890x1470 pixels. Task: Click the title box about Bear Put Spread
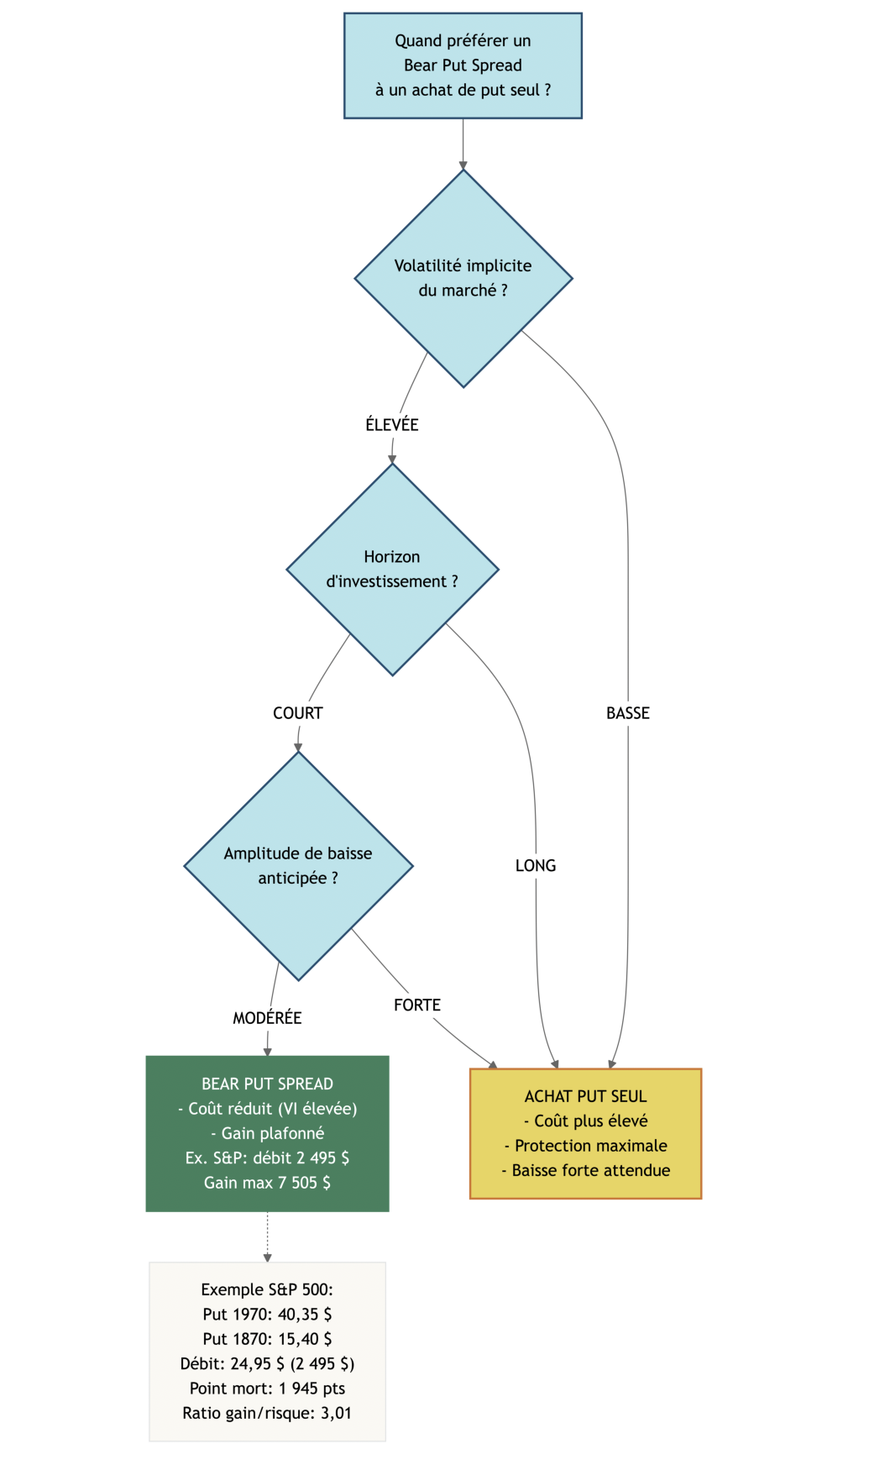[463, 66]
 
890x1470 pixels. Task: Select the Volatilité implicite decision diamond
[463, 278]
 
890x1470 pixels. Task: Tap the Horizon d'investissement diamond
[392, 569]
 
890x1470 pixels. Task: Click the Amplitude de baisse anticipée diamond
[298, 865]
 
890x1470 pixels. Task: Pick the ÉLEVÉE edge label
[391, 425]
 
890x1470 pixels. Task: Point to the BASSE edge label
[628, 713]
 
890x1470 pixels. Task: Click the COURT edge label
[297, 713]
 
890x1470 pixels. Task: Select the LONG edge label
[536, 865]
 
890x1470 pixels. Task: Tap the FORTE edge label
[417, 1005]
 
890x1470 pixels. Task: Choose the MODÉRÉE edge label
[267, 1018]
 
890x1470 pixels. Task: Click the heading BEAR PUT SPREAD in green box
[267, 1084]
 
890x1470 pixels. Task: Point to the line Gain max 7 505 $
[267, 1183]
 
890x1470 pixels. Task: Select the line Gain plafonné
[267, 1133]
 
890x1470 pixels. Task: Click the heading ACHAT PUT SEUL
[585, 1096]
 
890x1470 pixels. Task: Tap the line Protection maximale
[585, 1146]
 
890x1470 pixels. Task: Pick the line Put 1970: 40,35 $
[267, 1314]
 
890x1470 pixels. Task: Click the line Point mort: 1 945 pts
[267, 1389]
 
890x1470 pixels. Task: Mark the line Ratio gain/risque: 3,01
[267, 1413]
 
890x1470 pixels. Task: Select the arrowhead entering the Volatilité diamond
[463, 165]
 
